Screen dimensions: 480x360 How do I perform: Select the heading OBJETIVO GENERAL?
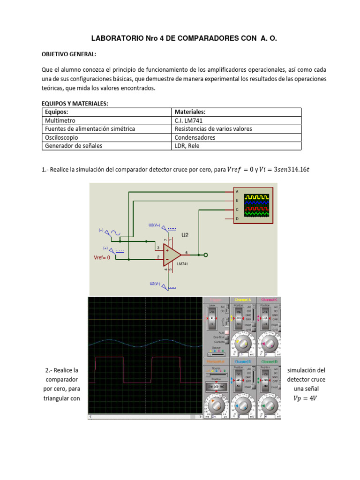(69, 54)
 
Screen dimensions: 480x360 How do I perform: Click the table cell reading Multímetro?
(61, 120)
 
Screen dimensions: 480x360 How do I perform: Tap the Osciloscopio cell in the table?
(61, 137)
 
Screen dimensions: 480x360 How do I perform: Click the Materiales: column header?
(190, 112)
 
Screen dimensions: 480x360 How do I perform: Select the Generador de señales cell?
(73, 146)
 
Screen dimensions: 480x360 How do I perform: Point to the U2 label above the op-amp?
(185, 235)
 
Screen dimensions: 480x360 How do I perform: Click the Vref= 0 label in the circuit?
(102, 257)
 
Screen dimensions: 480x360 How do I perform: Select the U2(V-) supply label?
(154, 284)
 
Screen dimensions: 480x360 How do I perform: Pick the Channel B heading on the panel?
(242, 362)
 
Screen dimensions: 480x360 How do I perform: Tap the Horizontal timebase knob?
(216, 404)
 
